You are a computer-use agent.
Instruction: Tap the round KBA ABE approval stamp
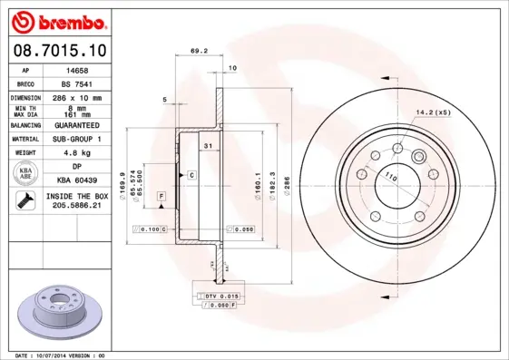coord(25,174)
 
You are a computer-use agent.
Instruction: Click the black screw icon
coord(24,201)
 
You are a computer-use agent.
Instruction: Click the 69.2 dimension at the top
coord(201,52)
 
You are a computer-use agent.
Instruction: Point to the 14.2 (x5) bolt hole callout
coord(433,112)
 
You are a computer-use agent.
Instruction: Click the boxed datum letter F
coord(161,196)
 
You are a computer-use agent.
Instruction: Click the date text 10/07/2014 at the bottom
coord(55,355)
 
